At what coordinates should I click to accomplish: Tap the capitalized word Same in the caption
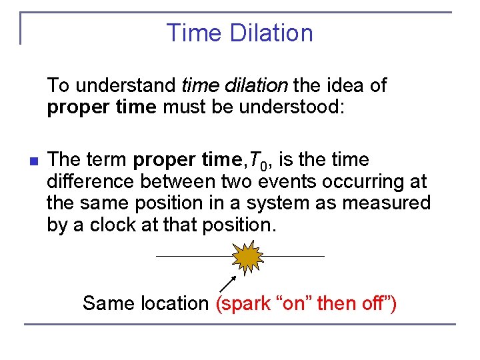click(x=103, y=304)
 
